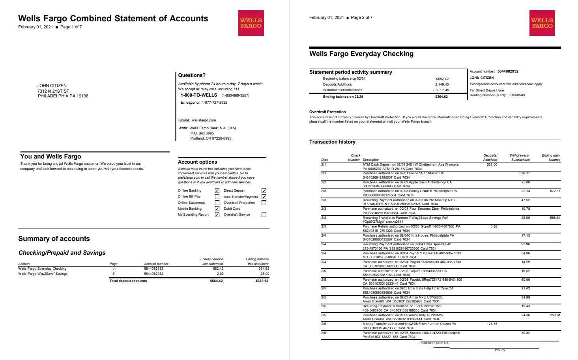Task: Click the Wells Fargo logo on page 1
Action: (251, 23)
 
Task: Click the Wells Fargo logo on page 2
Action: (542, 23)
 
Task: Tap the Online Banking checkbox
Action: (217, 190)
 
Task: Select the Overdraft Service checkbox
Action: (264, 215)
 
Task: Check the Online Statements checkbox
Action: (217, 203)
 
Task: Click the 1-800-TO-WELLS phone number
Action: (199, 95)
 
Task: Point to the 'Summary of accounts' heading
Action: (54, 239)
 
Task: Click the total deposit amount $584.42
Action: (216, 281)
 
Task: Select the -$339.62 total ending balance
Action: (261, 281)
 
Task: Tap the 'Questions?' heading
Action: (192, 75)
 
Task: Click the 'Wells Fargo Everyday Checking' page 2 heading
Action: (361, 54)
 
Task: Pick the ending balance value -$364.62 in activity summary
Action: (441, 97)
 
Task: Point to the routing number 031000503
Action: (516, 95)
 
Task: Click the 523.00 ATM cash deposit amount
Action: (492, 164)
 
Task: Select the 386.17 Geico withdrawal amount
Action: (525, 173)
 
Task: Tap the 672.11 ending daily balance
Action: (555, 191)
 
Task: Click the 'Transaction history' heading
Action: (332, 142)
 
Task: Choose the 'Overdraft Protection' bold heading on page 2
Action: (327, 112)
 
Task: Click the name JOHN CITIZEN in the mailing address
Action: (52, 86)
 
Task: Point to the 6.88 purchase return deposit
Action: (494, 226)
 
